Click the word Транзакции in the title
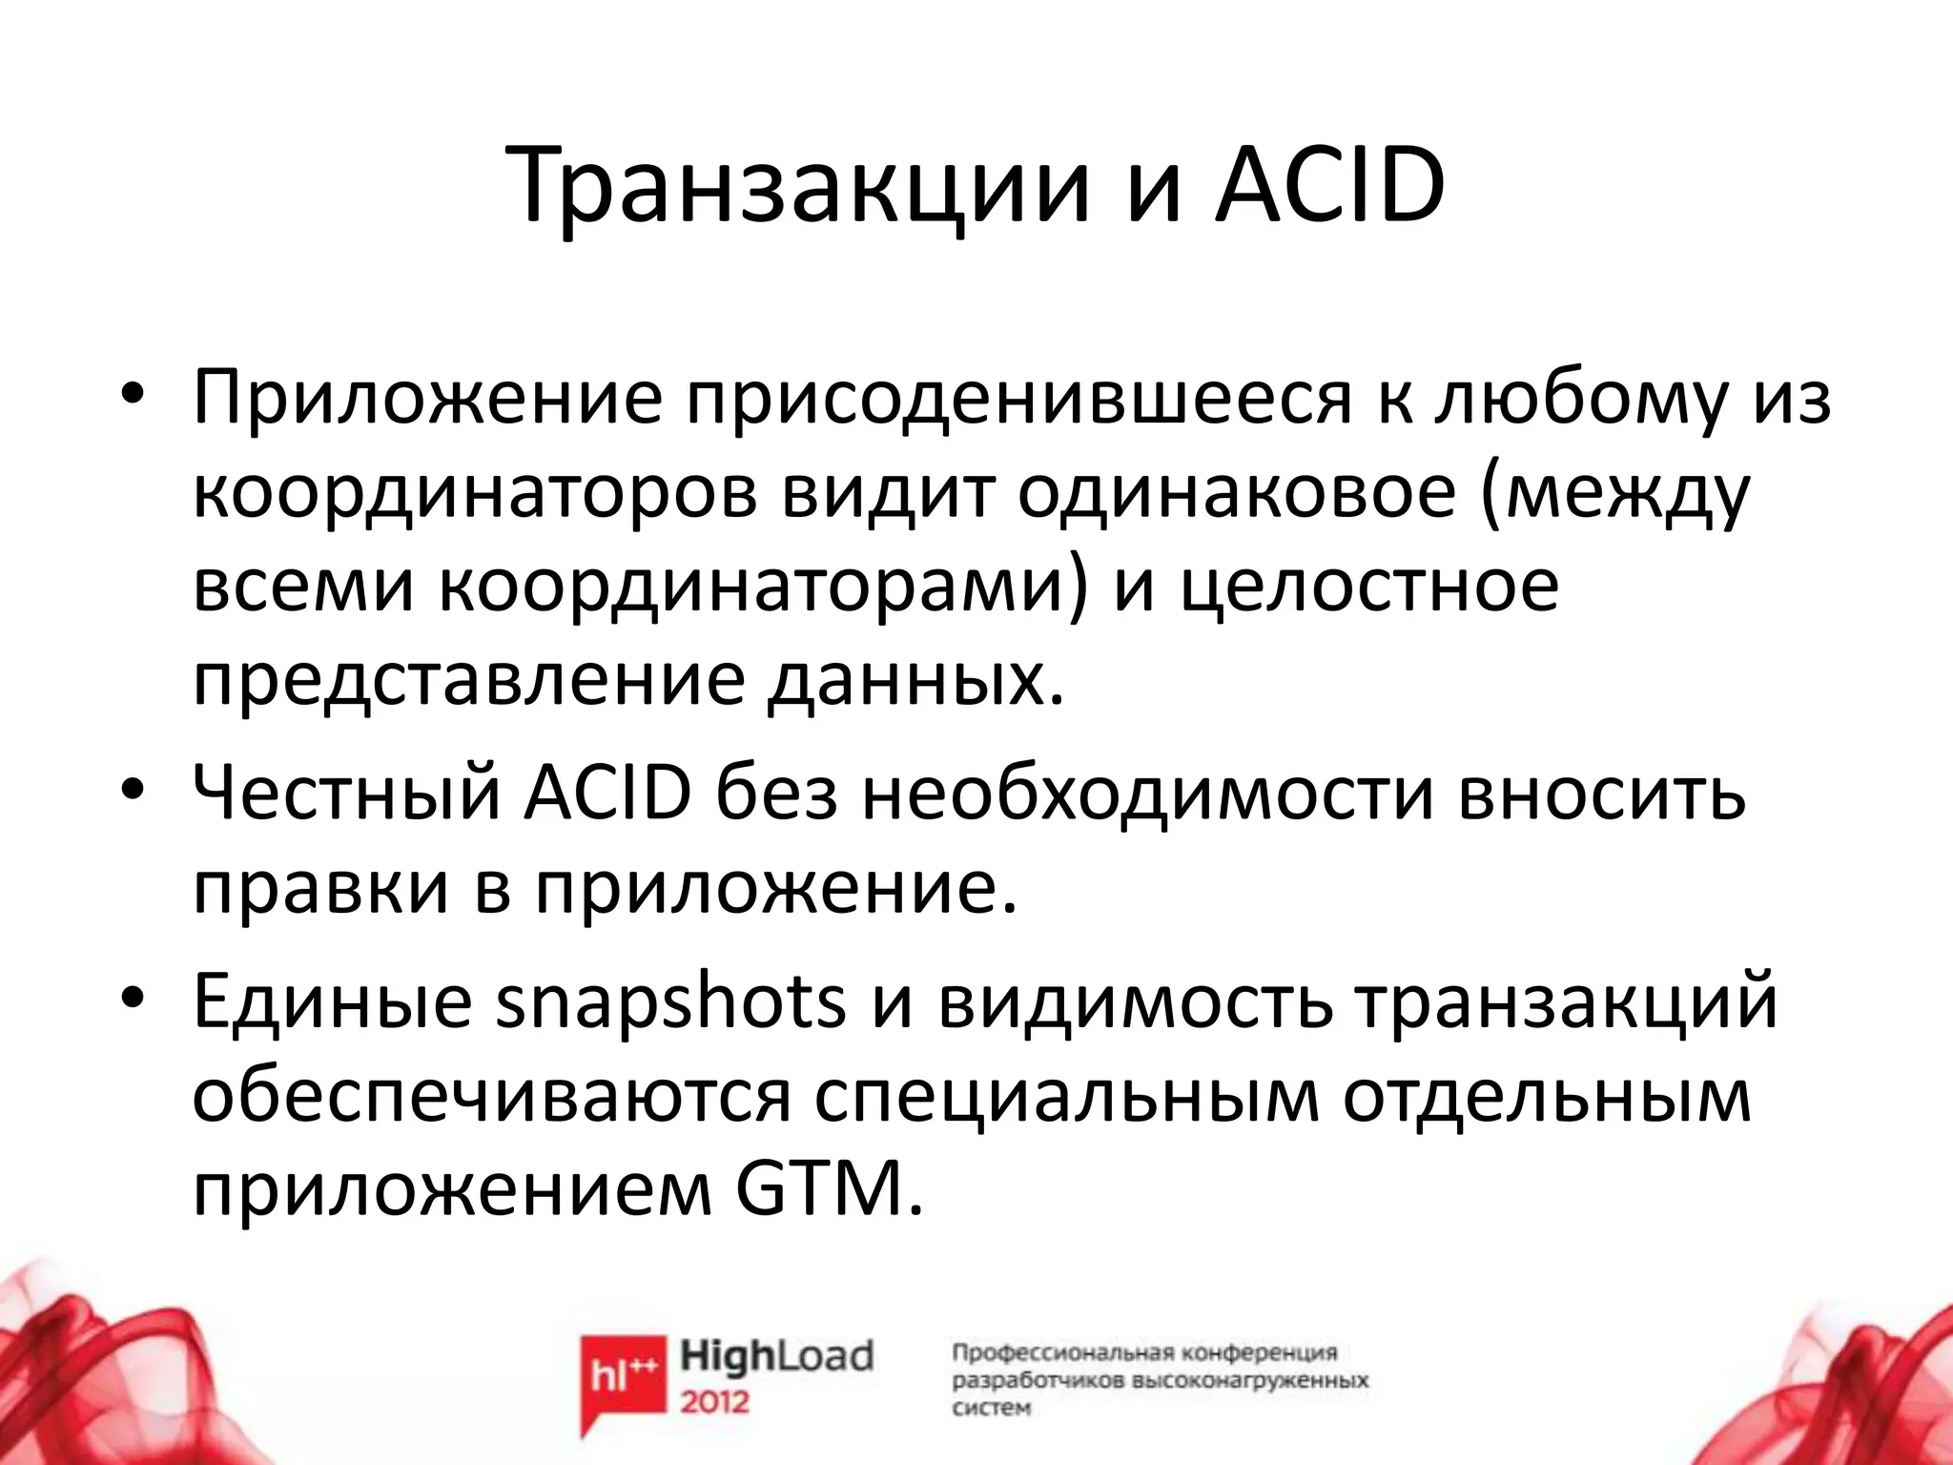click(799, 188)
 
